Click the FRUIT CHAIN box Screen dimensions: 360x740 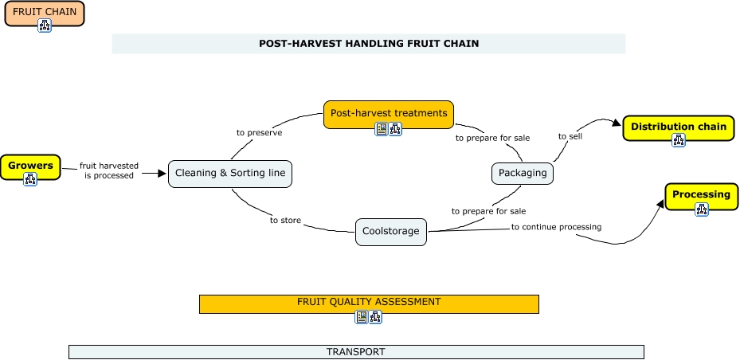coord(45,12)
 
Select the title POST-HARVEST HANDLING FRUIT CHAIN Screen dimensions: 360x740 coord(369,44)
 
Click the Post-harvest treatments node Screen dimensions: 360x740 coord(389,113)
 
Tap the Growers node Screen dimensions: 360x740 coord(30,166)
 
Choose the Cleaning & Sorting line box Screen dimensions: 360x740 coord(230,173)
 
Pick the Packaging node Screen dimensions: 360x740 coord(522,173)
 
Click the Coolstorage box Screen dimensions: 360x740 coord(390,231)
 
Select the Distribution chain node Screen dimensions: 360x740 coord(678,127)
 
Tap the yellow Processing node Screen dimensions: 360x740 coord(701,194)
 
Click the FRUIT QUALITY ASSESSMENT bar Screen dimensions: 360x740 coord(369,303)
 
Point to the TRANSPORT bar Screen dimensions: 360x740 coord(355,351)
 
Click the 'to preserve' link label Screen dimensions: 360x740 coord(259,132)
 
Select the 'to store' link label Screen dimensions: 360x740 coord(285,220)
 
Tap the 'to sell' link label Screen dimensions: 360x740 coord(570,136)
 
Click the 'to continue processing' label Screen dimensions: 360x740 coord(556,227)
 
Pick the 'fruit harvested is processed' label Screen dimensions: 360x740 coord(109,170)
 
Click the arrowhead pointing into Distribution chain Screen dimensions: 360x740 coord(616,122)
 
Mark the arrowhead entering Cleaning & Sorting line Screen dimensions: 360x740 coord(162,173)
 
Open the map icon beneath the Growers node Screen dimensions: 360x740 coord(30,179)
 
